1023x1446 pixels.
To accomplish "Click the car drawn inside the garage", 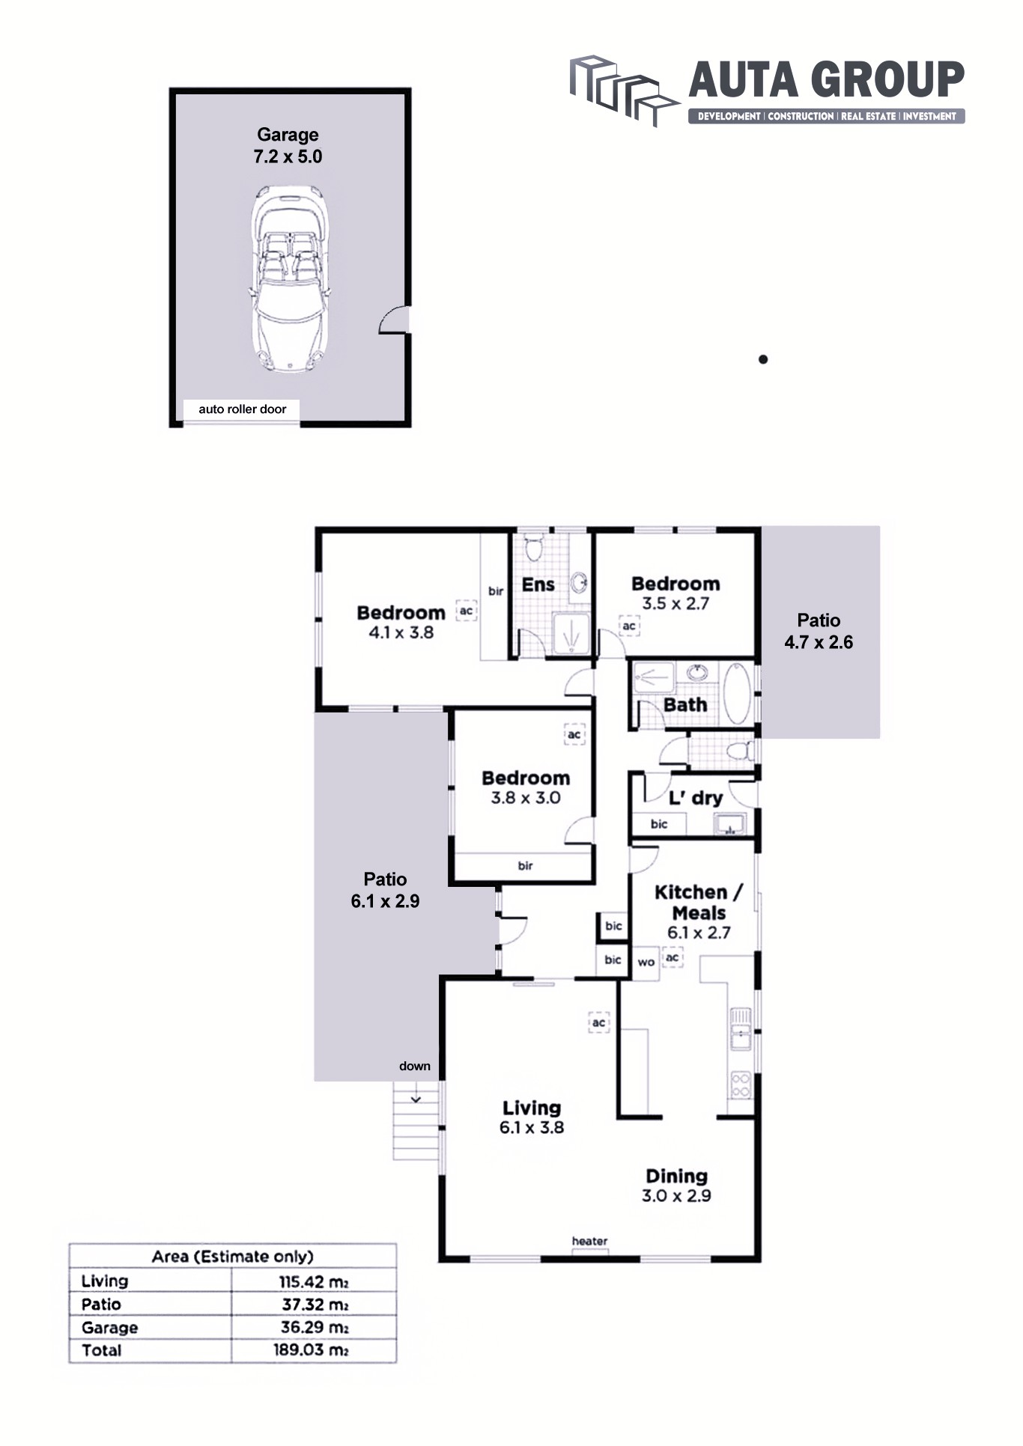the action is [289, 280].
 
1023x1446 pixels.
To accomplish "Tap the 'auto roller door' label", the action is [242, 409].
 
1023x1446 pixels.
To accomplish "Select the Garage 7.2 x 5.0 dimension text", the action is [288, 156].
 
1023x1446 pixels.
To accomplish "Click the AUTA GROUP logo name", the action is [826, 80].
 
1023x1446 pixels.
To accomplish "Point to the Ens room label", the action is [538, 585].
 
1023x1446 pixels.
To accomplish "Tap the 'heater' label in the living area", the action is [589, 1241].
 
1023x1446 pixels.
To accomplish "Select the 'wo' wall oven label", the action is [646, 962].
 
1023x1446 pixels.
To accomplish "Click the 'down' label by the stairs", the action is [415, 1066].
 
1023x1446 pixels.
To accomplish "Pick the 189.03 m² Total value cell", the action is [311, 1350].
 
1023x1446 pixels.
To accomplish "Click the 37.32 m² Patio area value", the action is [315, 1305].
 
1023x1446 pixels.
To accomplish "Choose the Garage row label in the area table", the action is [110, 1328].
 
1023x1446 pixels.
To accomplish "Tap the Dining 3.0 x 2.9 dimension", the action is [676, 1196].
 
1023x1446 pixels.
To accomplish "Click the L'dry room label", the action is [696, 798].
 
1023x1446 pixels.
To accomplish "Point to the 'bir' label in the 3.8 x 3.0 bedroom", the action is [525, 866].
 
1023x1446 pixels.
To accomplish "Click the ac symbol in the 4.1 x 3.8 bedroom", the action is [467, 611].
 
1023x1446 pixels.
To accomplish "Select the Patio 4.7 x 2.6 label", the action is [819, 631].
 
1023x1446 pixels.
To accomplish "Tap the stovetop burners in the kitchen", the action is [741, 1084].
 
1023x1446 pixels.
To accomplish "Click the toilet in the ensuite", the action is [533, 547].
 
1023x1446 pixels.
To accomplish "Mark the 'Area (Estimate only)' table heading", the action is [233, 1257].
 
